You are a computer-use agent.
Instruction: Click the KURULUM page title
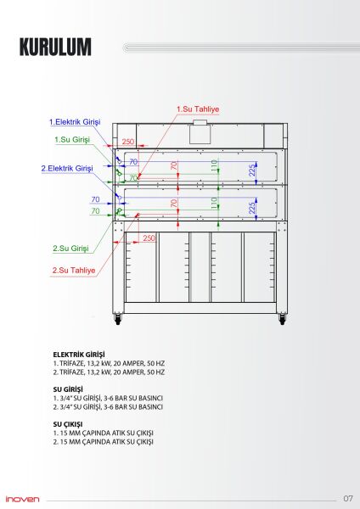[x=55, y=48]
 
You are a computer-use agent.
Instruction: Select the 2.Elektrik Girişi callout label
[x=67, y=169]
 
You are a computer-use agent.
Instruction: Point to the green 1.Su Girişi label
[x=73, y=139]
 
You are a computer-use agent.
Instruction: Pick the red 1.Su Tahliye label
[x=197, y=109]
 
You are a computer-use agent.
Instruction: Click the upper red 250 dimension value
[x=127, y=142]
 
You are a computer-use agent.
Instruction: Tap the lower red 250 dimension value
[x=149, y=238]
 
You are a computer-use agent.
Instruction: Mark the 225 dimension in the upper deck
[x=252, y=170]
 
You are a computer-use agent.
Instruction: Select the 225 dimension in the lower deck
[x=252, y=208]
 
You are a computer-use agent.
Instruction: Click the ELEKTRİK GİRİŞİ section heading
[x=78, y=354]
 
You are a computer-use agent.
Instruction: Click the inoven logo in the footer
[x=23, y=498]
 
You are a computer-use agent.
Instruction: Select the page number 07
[x=348, y=498]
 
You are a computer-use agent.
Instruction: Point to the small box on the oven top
[x=200, y=124]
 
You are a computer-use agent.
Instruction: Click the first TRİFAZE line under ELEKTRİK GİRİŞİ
[x=108, y=363]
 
